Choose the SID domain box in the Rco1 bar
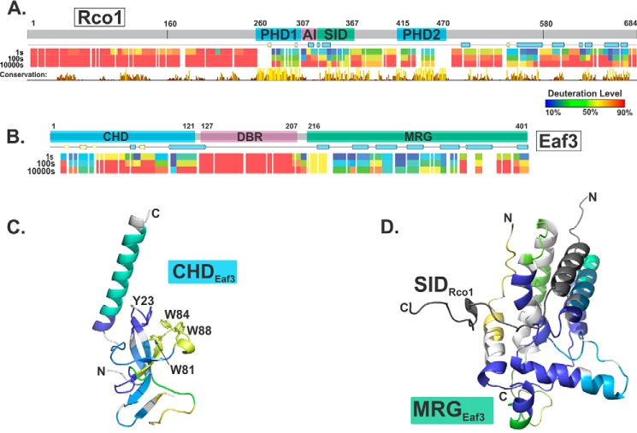[x=334, y=33]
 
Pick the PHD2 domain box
[x=420, y=33]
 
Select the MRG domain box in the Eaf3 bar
[x=416, y=136]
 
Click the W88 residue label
[x=199, y=330]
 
